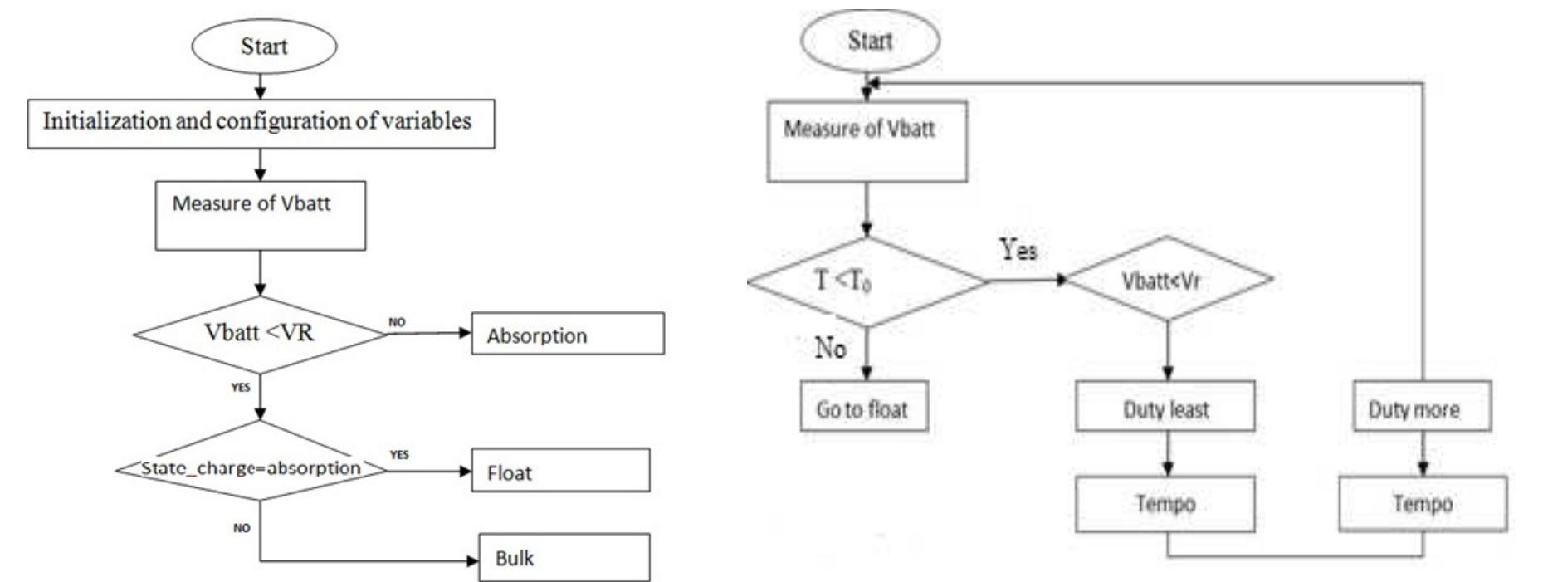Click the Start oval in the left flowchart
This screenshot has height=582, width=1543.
pos(264,46)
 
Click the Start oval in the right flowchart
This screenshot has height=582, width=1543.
pos(869,41)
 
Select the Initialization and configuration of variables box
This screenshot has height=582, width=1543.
pos(261,123)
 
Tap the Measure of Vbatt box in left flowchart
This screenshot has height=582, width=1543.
pos(260,215)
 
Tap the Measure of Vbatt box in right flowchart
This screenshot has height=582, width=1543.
pos(867,141)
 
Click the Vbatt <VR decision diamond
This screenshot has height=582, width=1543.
pos(260,334)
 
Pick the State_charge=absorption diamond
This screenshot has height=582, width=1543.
pos(251,469)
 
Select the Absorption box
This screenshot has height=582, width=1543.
pos(568,334)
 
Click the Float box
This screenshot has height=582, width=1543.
pos(560,471)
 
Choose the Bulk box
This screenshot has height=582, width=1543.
pos(564,557)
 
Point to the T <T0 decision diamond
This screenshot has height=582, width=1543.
pos(867,281)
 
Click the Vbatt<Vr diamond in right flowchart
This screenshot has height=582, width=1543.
pos(1168,281)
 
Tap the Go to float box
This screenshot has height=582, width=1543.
pos(863,407)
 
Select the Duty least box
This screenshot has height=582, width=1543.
pos(1165,407)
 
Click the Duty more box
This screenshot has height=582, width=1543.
pos(1421,407)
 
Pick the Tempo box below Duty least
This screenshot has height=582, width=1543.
pos(1165,504)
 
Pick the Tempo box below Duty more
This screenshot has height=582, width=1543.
pos(1422,504)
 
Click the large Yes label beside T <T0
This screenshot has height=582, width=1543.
pos(1018,248)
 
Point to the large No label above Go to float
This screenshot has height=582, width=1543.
pos(830,348)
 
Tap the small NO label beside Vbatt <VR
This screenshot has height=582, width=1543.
pos(398,322)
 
